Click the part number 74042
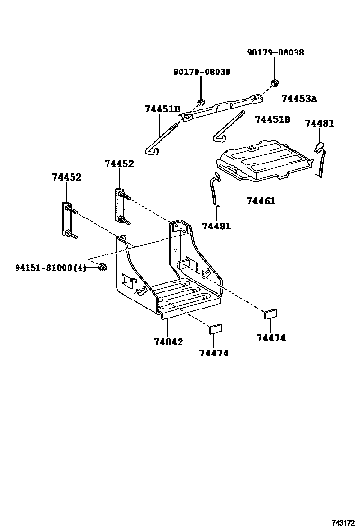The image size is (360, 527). (169, 342)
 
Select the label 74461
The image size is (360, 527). (261, 201)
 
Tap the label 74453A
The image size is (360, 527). (298, 99)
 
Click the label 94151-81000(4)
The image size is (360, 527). (50, 268)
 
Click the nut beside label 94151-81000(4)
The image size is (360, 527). (102, 268)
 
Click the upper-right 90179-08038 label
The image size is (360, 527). (275, 53)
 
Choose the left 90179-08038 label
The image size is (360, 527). (202, 72)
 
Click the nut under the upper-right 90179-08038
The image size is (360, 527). (274, 83)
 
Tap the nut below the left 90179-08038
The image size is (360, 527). (201, 102)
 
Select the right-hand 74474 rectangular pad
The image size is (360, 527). (270, 313)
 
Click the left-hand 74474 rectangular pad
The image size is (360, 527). (216, 328)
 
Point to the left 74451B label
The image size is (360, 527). (162, 109)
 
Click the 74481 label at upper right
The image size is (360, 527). (319, 123)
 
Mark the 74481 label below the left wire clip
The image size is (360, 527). (216, 226)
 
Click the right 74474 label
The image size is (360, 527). (271, 338)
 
